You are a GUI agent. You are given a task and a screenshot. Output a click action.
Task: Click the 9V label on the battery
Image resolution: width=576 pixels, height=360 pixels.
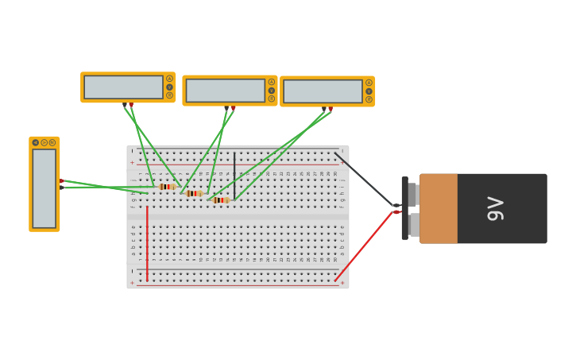click(495, 208)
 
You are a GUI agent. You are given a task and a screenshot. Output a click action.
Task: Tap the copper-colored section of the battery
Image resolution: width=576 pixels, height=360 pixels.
click(439, 208)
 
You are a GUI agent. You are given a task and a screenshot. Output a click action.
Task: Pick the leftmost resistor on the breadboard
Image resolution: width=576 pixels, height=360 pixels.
click(167, 187)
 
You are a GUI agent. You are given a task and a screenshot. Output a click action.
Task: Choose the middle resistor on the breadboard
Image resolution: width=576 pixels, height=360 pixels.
click(194, 193)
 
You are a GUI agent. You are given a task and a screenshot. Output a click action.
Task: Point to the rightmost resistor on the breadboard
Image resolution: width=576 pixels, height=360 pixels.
click(221, 200)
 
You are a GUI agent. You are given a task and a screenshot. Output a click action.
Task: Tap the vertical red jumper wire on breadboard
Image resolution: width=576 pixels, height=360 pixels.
click(147, 242)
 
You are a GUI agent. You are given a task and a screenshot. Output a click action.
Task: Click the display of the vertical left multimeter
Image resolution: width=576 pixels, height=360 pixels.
click(44, 188)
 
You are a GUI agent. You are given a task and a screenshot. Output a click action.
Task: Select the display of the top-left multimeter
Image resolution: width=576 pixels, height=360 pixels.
click(123, 87)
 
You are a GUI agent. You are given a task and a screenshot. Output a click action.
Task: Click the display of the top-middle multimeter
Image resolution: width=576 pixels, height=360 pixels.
click(225, 91)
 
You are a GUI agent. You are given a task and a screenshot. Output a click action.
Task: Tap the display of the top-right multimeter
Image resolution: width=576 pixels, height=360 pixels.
click(323, 91)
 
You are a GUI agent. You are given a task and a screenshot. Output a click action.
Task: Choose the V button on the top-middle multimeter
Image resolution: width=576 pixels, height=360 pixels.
click(271, 91)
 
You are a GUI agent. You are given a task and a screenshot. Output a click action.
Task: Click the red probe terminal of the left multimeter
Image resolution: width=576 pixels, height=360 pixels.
click(62, 181)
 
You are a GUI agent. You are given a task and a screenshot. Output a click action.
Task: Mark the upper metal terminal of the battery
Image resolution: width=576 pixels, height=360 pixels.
click(412, 194)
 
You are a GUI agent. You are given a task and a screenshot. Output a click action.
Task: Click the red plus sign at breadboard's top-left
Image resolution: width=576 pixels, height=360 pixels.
click(133, 163)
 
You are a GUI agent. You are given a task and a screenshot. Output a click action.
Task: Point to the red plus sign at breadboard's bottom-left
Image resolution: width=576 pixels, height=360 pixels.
click(133, 282)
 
